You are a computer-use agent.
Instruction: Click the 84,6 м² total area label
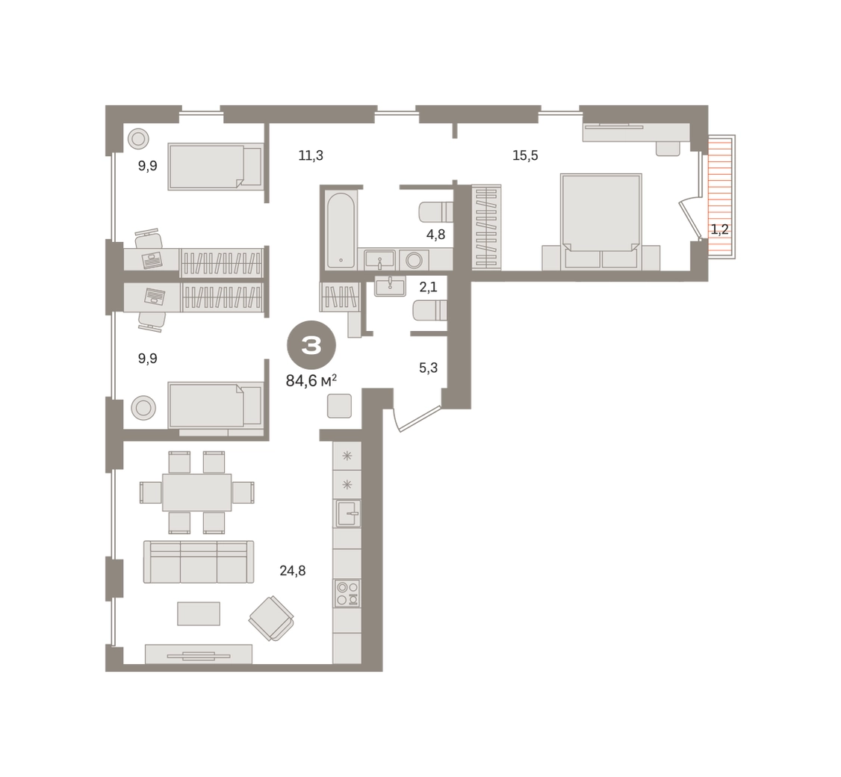click(311, 381)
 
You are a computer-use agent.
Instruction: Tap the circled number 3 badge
click(311, 346)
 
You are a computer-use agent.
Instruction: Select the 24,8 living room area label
click(292, 570)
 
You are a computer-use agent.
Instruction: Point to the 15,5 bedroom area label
click(525, 155)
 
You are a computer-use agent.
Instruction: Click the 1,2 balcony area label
click(719, 229)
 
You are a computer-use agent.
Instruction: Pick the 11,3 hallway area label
click(311, 155)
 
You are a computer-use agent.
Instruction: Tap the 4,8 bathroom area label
click(435, 235)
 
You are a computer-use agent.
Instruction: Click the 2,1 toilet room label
click(428, 287)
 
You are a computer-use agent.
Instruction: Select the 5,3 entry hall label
click(428, 368)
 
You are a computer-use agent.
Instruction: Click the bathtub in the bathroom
click(341, 230)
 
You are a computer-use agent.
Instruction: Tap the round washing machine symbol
click(414, 261)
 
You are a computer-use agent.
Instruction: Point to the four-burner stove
click(347, 593)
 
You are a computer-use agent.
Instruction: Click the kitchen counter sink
click(347, 513)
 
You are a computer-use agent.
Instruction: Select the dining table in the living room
click(197, 492)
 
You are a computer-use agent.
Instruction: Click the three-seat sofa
click(199, 562)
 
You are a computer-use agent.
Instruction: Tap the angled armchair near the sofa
click(271, 618)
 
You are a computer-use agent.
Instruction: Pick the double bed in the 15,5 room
click(601, 221)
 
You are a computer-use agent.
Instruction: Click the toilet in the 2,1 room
click(429, 310)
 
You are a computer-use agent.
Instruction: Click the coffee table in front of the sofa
click(199, 613)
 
